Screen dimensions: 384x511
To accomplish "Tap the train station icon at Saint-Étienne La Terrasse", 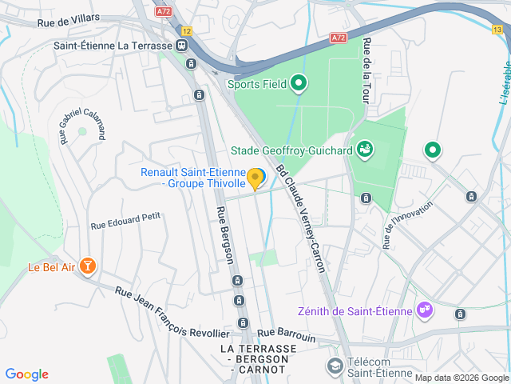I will (x=183, y=46).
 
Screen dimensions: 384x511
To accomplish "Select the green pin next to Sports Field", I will (x=299, y=82).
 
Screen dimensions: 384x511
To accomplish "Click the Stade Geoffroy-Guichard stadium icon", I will (x=365, y=149).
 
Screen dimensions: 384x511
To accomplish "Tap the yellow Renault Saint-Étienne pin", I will (x=255, y=178).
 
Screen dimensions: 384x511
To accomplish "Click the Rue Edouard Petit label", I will (x=125, y=226).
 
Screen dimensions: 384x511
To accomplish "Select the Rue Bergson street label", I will (x=224, y=235).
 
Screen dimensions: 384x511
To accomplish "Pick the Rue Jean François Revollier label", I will (x=172, y=312).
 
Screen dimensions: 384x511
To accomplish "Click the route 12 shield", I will (x=186, y=30).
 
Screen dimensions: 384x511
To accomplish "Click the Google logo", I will (x=27, y=374).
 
